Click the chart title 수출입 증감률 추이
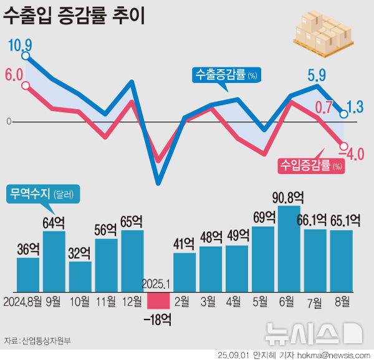(75, 16)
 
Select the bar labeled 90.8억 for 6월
(289, 249)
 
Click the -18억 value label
(158, 320)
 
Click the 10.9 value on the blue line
(19, 45)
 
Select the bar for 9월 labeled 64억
(54, 262)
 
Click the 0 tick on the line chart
(9, 121)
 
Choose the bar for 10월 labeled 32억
(80, 277)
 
